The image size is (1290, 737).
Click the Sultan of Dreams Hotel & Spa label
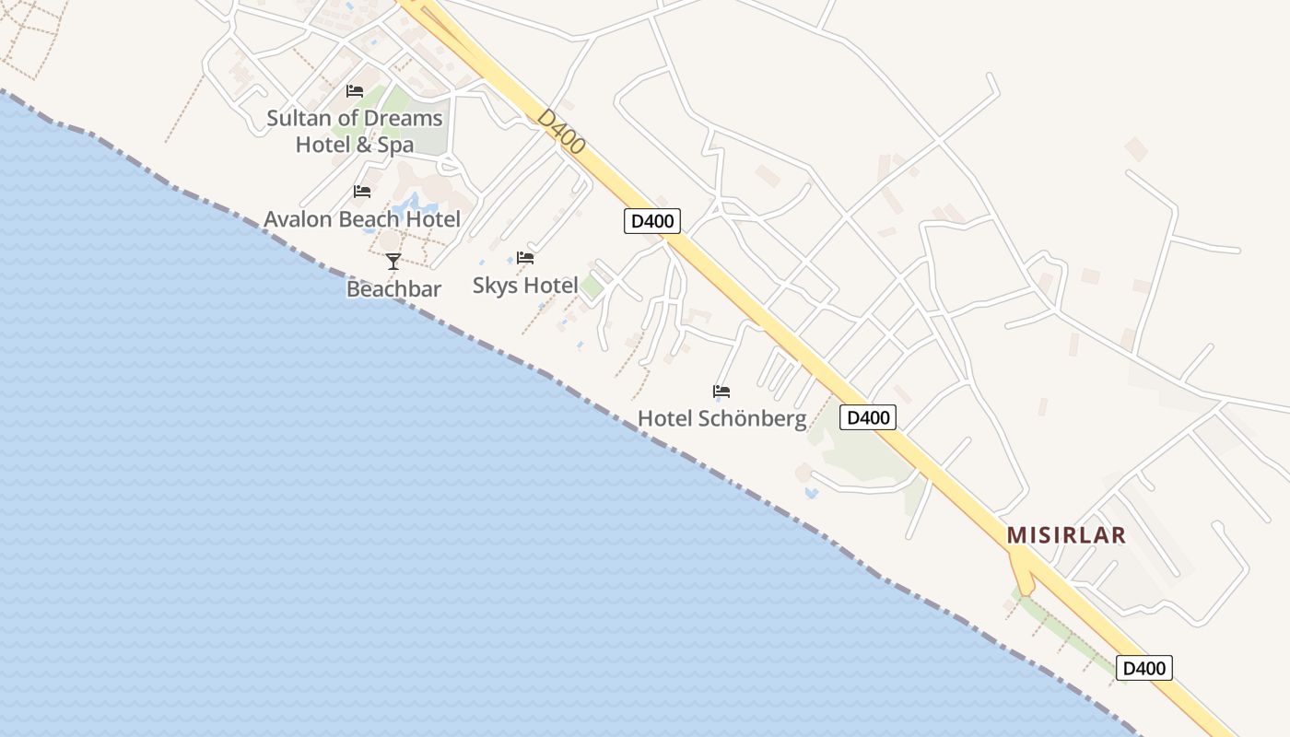point(355,132)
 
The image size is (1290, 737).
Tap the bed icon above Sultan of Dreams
point(355,91)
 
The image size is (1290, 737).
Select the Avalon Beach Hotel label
point(361,219)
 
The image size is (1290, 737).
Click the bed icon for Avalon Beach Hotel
point(362,192)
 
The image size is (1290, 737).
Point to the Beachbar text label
point(393,289)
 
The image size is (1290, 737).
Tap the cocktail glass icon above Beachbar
point(393,262)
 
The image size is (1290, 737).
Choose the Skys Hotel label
point(525,286)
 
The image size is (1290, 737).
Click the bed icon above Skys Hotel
point(525,258)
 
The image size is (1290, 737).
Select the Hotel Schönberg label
point(721,418)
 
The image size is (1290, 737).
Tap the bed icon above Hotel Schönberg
point(721,392)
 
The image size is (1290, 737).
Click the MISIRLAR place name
point(1066,535)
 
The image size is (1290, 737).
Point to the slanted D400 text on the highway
point(560,132)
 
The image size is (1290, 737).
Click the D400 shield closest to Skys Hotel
point(652,221)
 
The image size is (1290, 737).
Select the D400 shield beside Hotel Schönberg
point(868,418)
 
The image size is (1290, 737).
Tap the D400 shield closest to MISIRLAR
point(1144,668)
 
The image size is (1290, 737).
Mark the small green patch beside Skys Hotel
point(592,287)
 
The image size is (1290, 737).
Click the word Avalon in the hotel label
point(298,219)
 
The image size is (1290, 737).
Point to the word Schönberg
point(753,418)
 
